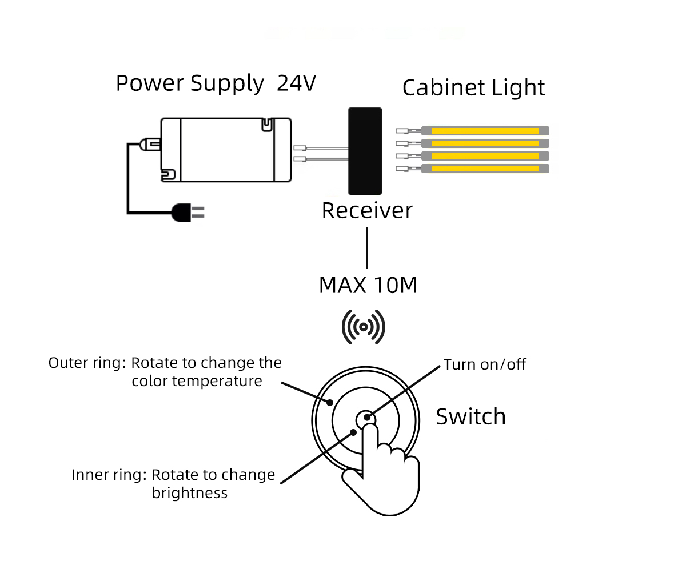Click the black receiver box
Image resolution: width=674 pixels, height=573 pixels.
click(x=365, y=151)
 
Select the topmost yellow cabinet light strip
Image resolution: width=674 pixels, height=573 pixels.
click(x=485, y=131)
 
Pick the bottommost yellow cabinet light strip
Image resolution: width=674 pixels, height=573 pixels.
click(x=485, y=169)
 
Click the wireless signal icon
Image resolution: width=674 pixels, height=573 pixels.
click(x=363, y=327)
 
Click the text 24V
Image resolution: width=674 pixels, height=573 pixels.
click(x=296, y=83)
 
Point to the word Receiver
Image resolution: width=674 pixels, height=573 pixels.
click(x=366, y=211)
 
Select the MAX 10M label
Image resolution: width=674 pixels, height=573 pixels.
click(x=368, y=285)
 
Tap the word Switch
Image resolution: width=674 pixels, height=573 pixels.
click(x=470, y=416)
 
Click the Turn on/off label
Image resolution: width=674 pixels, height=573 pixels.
click(x=484, y=364)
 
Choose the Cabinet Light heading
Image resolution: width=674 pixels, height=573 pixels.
click(x=473, y=88)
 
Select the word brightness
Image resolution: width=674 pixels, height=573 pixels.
click(x=189, y=493)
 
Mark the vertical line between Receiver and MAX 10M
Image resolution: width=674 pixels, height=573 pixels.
click(x=366, y=248)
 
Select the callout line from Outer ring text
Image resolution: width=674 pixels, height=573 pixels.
click(x=305, y=394)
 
